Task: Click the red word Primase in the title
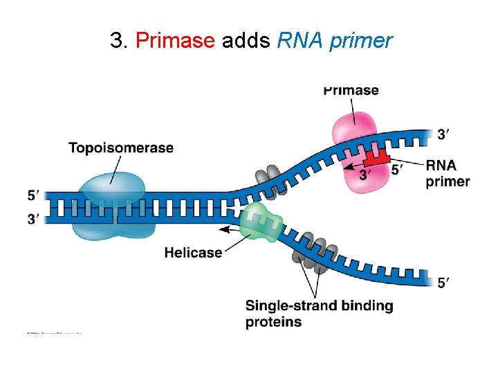[175, 41]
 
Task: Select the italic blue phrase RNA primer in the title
[334, 41]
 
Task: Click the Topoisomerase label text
[121, 148]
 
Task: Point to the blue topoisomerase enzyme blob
[112, 190]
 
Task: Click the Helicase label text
[193, 253]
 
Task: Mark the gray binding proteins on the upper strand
[266, 176]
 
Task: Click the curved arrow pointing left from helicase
[231, 228]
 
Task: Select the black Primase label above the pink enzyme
[351, 90]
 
